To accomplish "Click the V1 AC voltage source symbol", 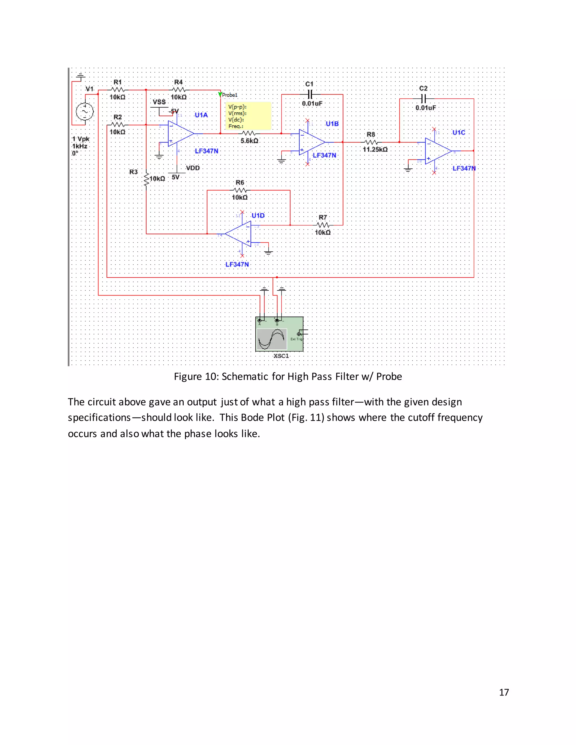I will click(x=84, y=112).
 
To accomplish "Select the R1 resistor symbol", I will click(x=118, y=90).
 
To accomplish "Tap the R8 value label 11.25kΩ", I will click(x=375, y=149).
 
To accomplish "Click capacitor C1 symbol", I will click(x=309, y=94).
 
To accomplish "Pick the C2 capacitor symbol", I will click(x=423, y=99).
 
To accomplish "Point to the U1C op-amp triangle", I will click(x=437, y=151).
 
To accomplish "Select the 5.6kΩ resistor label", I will click(x=249, y=141).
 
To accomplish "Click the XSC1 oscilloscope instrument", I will click(x=279, y=334).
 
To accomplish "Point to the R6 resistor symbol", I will click(x=240, y=190).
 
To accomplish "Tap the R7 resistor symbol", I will click(x=323, y=225).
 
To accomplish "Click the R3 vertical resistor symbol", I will click(x=146, y=179).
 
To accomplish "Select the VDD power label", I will click(x=192, y=168).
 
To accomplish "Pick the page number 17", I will click(x=504, y=692).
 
